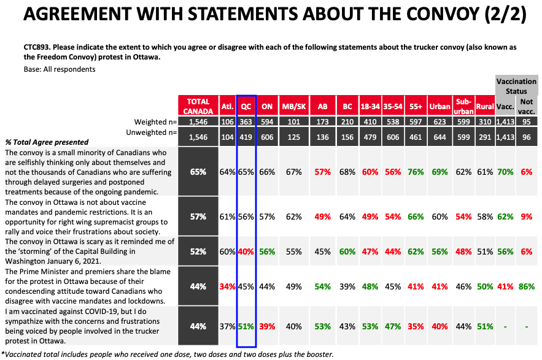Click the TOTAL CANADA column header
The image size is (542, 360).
click(x=198, y=105)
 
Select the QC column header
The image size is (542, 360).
click(x=246, y=105)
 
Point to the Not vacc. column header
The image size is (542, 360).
click(x=526, y=105)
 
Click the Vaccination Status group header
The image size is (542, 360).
click(x=516, y=86)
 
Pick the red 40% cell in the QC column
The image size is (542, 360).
click(x=246, y=251)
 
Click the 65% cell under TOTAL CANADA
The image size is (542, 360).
click(x=198, y=172)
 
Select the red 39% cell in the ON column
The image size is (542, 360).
click(x=267, y=326)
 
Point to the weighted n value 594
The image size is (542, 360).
click(x=267, y=122)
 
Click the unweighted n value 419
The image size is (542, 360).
click(x=246, y=137)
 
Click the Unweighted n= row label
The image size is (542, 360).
click(x=151, y=132)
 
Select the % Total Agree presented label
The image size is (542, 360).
click(x=47, y=142)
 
